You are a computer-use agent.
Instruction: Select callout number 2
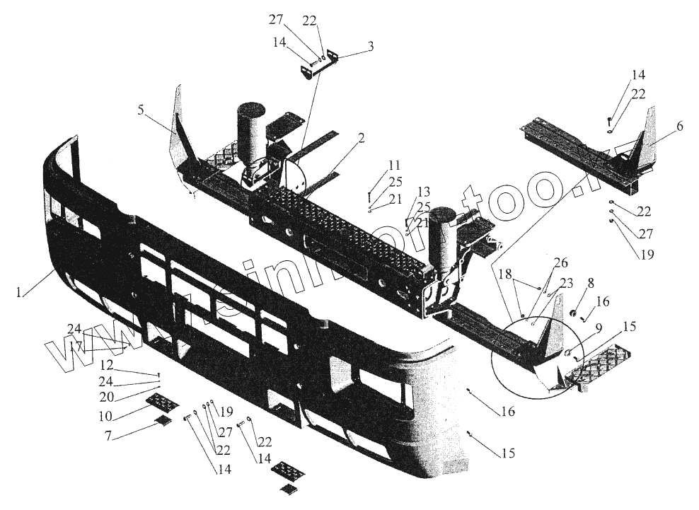coord(361,138)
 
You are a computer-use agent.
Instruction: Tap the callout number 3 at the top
coord(370,47)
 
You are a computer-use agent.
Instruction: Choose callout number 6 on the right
coord(679,127)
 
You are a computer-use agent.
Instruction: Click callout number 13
coord(422,192)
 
